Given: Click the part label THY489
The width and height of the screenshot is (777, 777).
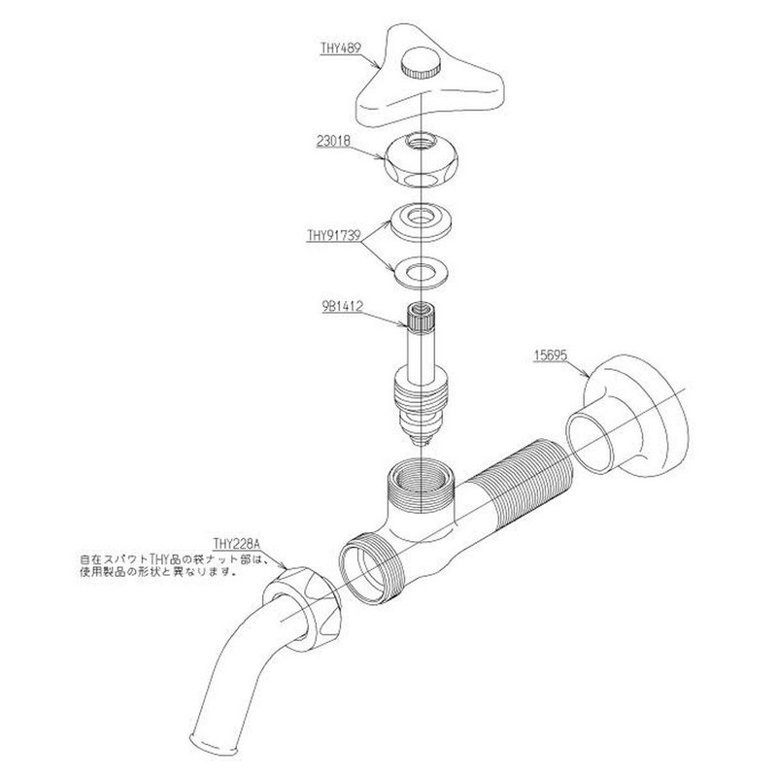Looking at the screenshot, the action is point(341,48).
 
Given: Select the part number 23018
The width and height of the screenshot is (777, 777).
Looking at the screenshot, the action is point(333,141).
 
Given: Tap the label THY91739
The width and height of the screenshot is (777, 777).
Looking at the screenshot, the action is point(333,235).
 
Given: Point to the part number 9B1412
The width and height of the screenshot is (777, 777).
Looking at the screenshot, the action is point(342,307).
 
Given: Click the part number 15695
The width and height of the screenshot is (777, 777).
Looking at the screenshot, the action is point(550,355).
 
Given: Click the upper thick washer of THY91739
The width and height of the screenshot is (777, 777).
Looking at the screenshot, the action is point(422,221).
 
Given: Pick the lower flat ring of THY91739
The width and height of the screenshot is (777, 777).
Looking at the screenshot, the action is point(422,272).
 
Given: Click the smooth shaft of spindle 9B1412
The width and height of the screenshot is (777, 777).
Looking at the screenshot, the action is point(421,352).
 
